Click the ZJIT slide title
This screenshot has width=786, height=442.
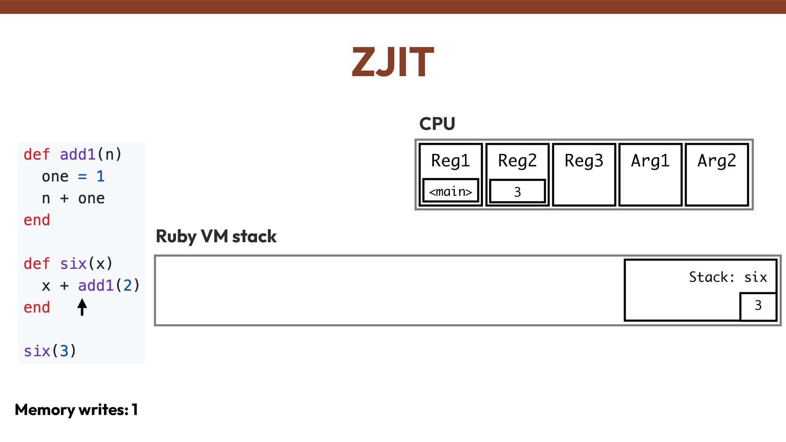pos(393,62)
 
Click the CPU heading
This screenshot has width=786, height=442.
pos(437,124)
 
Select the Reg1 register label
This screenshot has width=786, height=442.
pos(450,160)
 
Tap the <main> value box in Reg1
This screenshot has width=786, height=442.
pos(450,191)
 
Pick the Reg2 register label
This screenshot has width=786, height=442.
pos(517,160)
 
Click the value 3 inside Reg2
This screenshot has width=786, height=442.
pos(517,191)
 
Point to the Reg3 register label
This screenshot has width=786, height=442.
pos(584,160)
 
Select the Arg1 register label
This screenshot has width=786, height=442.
pos(650,160)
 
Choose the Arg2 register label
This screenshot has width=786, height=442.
pos(716,160)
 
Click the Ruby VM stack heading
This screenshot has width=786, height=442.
pos(216,237)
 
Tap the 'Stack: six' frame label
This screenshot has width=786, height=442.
pos(727,277)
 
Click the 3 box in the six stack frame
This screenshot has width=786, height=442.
pos(758,305)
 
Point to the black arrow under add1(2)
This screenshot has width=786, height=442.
pos(82,307)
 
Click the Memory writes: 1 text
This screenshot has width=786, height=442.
pos(76,410)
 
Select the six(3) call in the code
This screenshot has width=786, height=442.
pos(50,351)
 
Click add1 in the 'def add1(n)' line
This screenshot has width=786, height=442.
pos(77,155)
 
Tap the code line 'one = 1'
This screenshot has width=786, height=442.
pos(73,176)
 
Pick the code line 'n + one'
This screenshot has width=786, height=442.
pos(73,198)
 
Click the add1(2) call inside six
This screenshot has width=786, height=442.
pos(109,286)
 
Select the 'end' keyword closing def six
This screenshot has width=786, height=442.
pos(37,307)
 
